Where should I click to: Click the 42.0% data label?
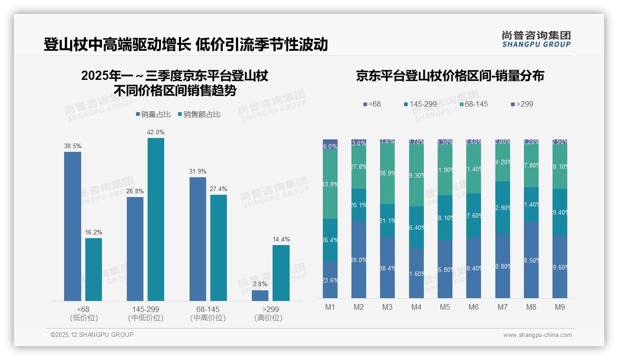click(x=156, y=132)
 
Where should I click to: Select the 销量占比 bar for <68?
click(x=72, y=226)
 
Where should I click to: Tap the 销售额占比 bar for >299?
click(x=281, y=273)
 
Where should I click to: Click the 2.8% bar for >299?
click(x=260, y=295)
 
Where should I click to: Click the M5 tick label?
click(x=445, y=307)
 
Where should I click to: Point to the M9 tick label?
click(x=559, y=307)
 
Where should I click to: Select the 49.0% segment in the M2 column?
click(x=359, y=259)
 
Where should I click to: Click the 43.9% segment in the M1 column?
click(x=330, y=184)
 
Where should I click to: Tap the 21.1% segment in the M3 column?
click(x=387, y=221)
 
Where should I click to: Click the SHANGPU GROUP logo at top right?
click(x=536, y=39)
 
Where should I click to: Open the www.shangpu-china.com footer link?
click(x=537, y=335)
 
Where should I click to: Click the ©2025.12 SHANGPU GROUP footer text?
click(x=92, y=335)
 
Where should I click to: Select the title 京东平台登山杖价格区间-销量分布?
click(x=450, y=76)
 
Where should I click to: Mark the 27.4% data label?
click(x=219, y=189)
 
